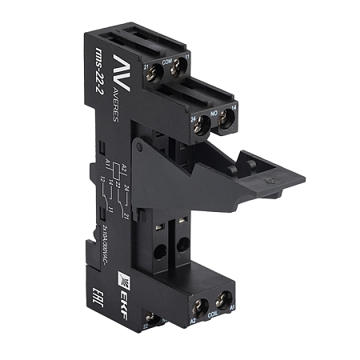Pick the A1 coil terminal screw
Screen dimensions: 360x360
(x=222, y=299)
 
